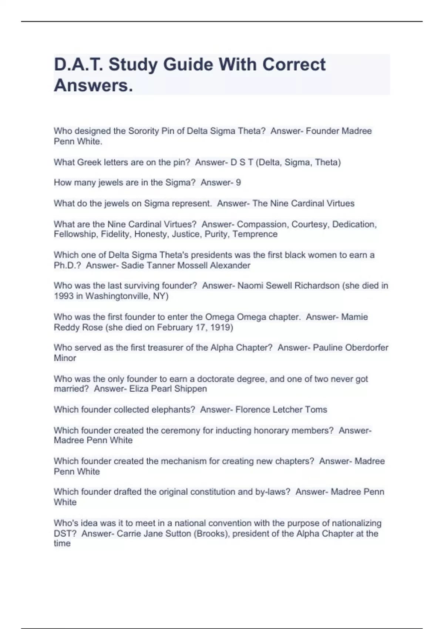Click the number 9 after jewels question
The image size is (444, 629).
[x=238, y=182]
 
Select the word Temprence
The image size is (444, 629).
[x=255, y=234]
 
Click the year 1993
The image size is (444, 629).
[x=64, y=296]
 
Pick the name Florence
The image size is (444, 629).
[x=253, y=410]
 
